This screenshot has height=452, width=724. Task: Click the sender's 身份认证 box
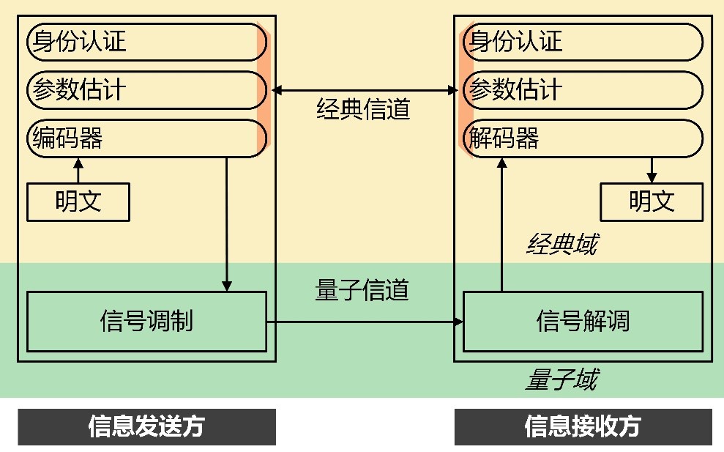146,42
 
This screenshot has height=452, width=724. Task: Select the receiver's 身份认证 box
583,42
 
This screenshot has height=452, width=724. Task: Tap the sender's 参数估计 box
146,90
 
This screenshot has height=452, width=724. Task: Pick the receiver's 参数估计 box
583,90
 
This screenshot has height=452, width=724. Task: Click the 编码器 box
146,138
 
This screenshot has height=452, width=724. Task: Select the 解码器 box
583,138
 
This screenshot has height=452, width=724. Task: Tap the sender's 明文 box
78,202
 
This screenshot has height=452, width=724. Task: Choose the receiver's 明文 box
652,202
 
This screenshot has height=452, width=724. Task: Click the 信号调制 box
146,321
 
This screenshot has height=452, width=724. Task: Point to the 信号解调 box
583,321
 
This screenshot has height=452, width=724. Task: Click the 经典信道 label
363,110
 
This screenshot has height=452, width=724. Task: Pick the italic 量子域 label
561,380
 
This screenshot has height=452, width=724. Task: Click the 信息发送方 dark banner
146,426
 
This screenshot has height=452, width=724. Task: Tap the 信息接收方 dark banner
583,426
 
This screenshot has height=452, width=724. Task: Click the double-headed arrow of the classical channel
364,90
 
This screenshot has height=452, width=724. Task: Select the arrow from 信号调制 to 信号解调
364,321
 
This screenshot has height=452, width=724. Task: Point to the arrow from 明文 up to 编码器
78,171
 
